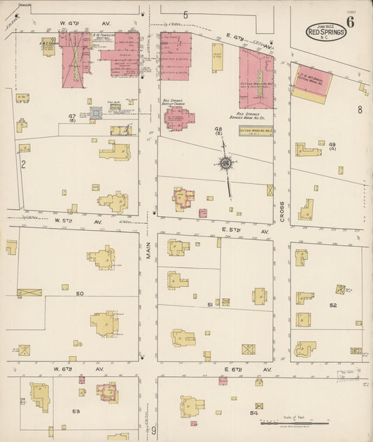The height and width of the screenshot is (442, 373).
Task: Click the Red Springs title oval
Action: coord(325,32)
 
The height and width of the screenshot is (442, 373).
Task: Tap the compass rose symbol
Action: coord(226,164)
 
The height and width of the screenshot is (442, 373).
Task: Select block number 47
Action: coord(72,116)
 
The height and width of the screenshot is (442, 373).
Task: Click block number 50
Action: coord(80,293)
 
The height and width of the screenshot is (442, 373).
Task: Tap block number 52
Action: coord(333,305)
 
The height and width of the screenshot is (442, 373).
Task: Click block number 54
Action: coord(254,413)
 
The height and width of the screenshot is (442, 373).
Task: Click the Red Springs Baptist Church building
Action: coord(179,117)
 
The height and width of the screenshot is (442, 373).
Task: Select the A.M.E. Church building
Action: coord(48,47)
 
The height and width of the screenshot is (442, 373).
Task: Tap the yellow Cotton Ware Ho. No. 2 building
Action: coord(255,131)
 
